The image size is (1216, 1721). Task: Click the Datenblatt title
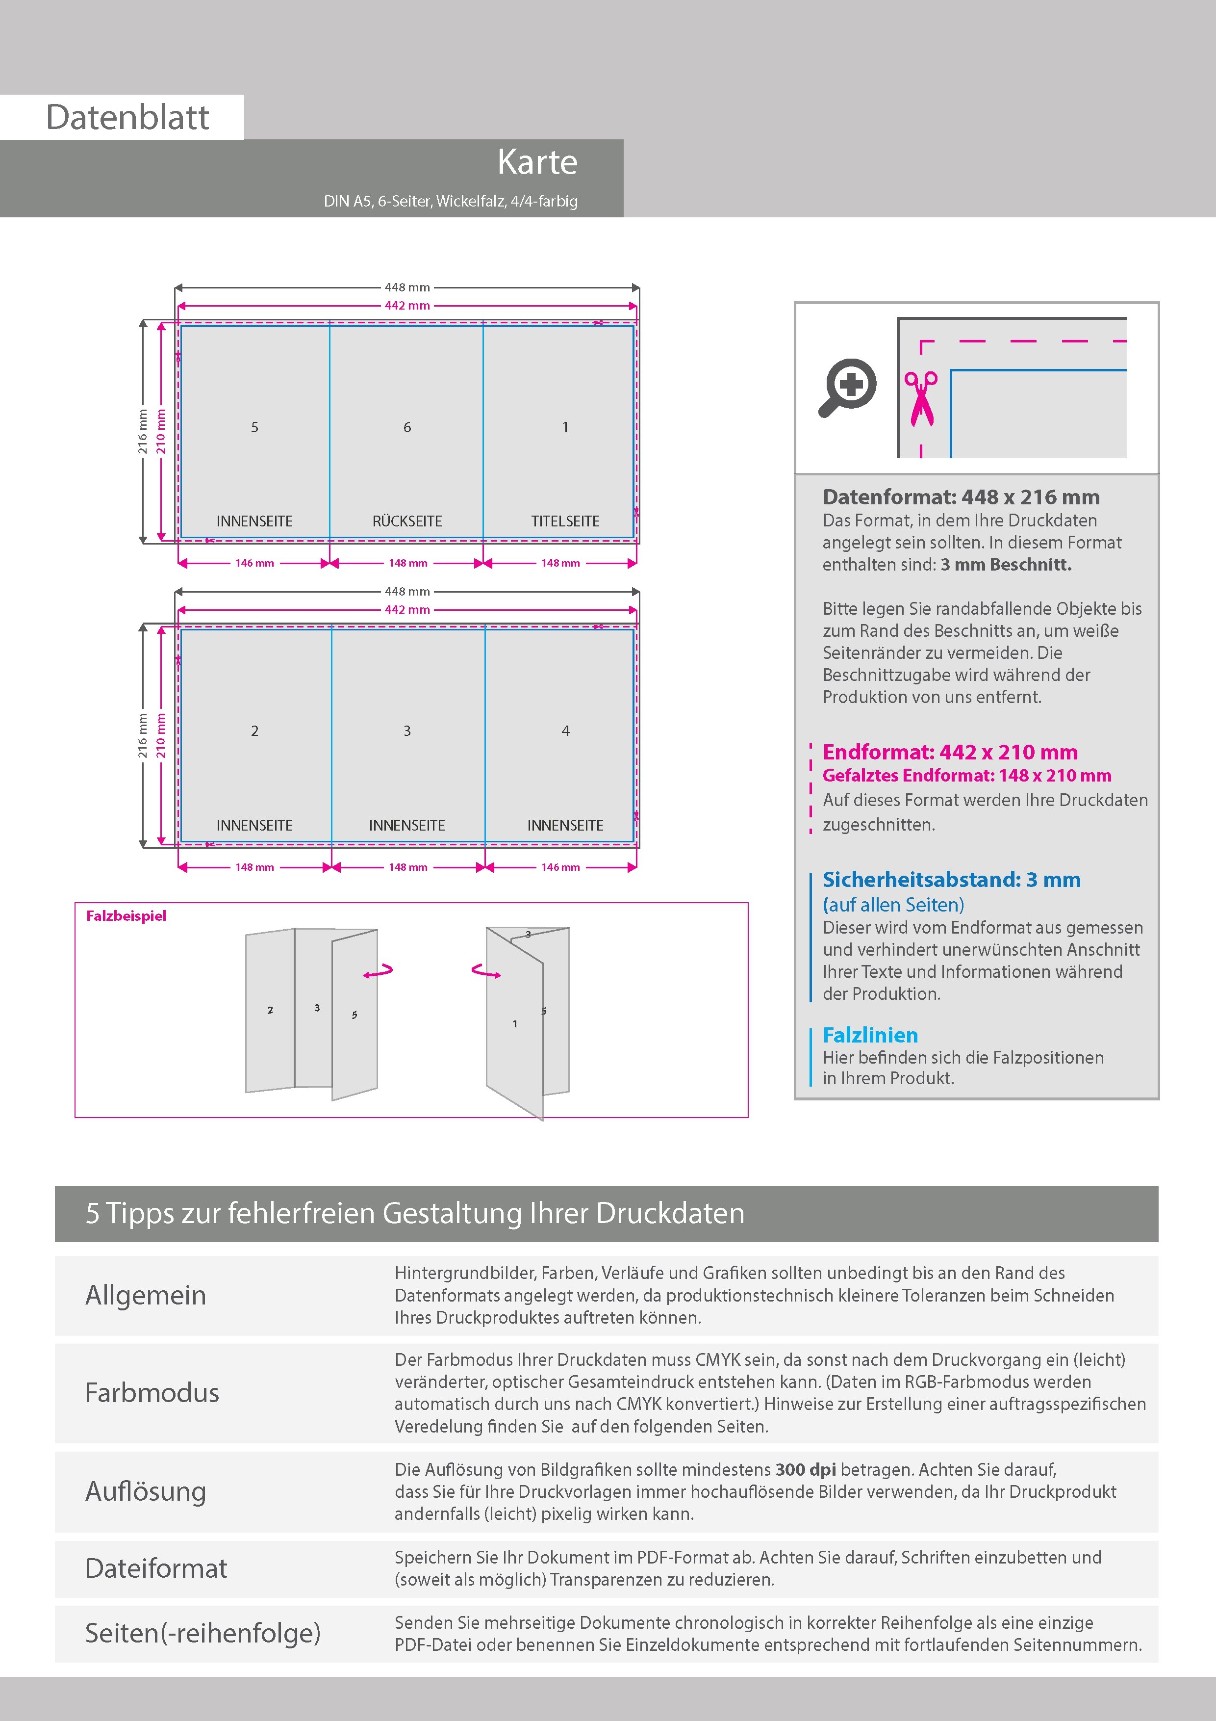click(127, 118)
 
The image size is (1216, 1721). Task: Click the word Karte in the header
click(537, 163)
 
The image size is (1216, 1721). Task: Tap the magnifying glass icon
click(847, 387)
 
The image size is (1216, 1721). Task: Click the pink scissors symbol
click(921, 398)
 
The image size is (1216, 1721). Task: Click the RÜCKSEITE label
click(407, 521)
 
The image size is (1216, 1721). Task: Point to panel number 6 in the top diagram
click(407, 427)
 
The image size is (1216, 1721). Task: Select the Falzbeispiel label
click(126, 916)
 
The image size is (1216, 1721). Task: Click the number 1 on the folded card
click(515, 1024)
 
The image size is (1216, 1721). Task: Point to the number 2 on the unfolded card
click(271, 1011)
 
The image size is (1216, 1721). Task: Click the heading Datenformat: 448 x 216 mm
click(961, 497)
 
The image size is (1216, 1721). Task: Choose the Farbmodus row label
click(152, 1393)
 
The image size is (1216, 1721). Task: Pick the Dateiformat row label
click(156, 1568)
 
